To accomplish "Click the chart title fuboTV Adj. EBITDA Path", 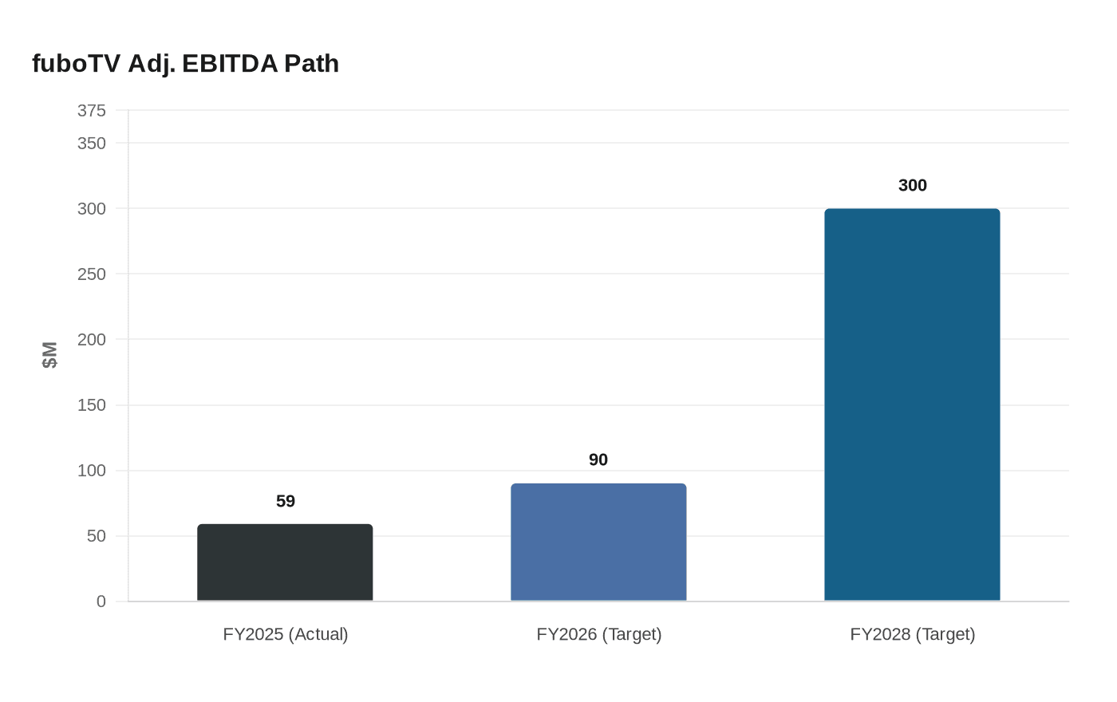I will tap(185, 63).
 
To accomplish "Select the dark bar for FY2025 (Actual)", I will tap(285, 562).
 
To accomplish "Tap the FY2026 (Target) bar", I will tap(598, 542).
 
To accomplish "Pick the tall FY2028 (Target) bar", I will tap(912, 404).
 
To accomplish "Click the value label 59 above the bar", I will tap(286, 501).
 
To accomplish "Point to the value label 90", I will tap(598, 459).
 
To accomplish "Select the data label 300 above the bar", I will tap(912, 185).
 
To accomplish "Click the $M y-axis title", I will tap(50, 355).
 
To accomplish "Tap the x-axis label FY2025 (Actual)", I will tap(286, 634).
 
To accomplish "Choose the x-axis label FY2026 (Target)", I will tap(599, 634).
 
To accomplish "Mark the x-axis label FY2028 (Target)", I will tap(913, 634).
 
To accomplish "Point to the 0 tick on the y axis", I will tap(101, 601).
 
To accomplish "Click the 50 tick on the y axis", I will tap(96, 536).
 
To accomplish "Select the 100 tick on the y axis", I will tap(92, 471).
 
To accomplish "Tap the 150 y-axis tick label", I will tap(92, 405).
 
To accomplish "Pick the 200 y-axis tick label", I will tap(92, 339).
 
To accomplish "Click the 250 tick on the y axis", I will tap(92, 274).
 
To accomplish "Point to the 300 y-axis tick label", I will tap(92, 208).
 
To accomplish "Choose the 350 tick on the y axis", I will tap(92, 143).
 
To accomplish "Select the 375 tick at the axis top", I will tap(92, 111).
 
